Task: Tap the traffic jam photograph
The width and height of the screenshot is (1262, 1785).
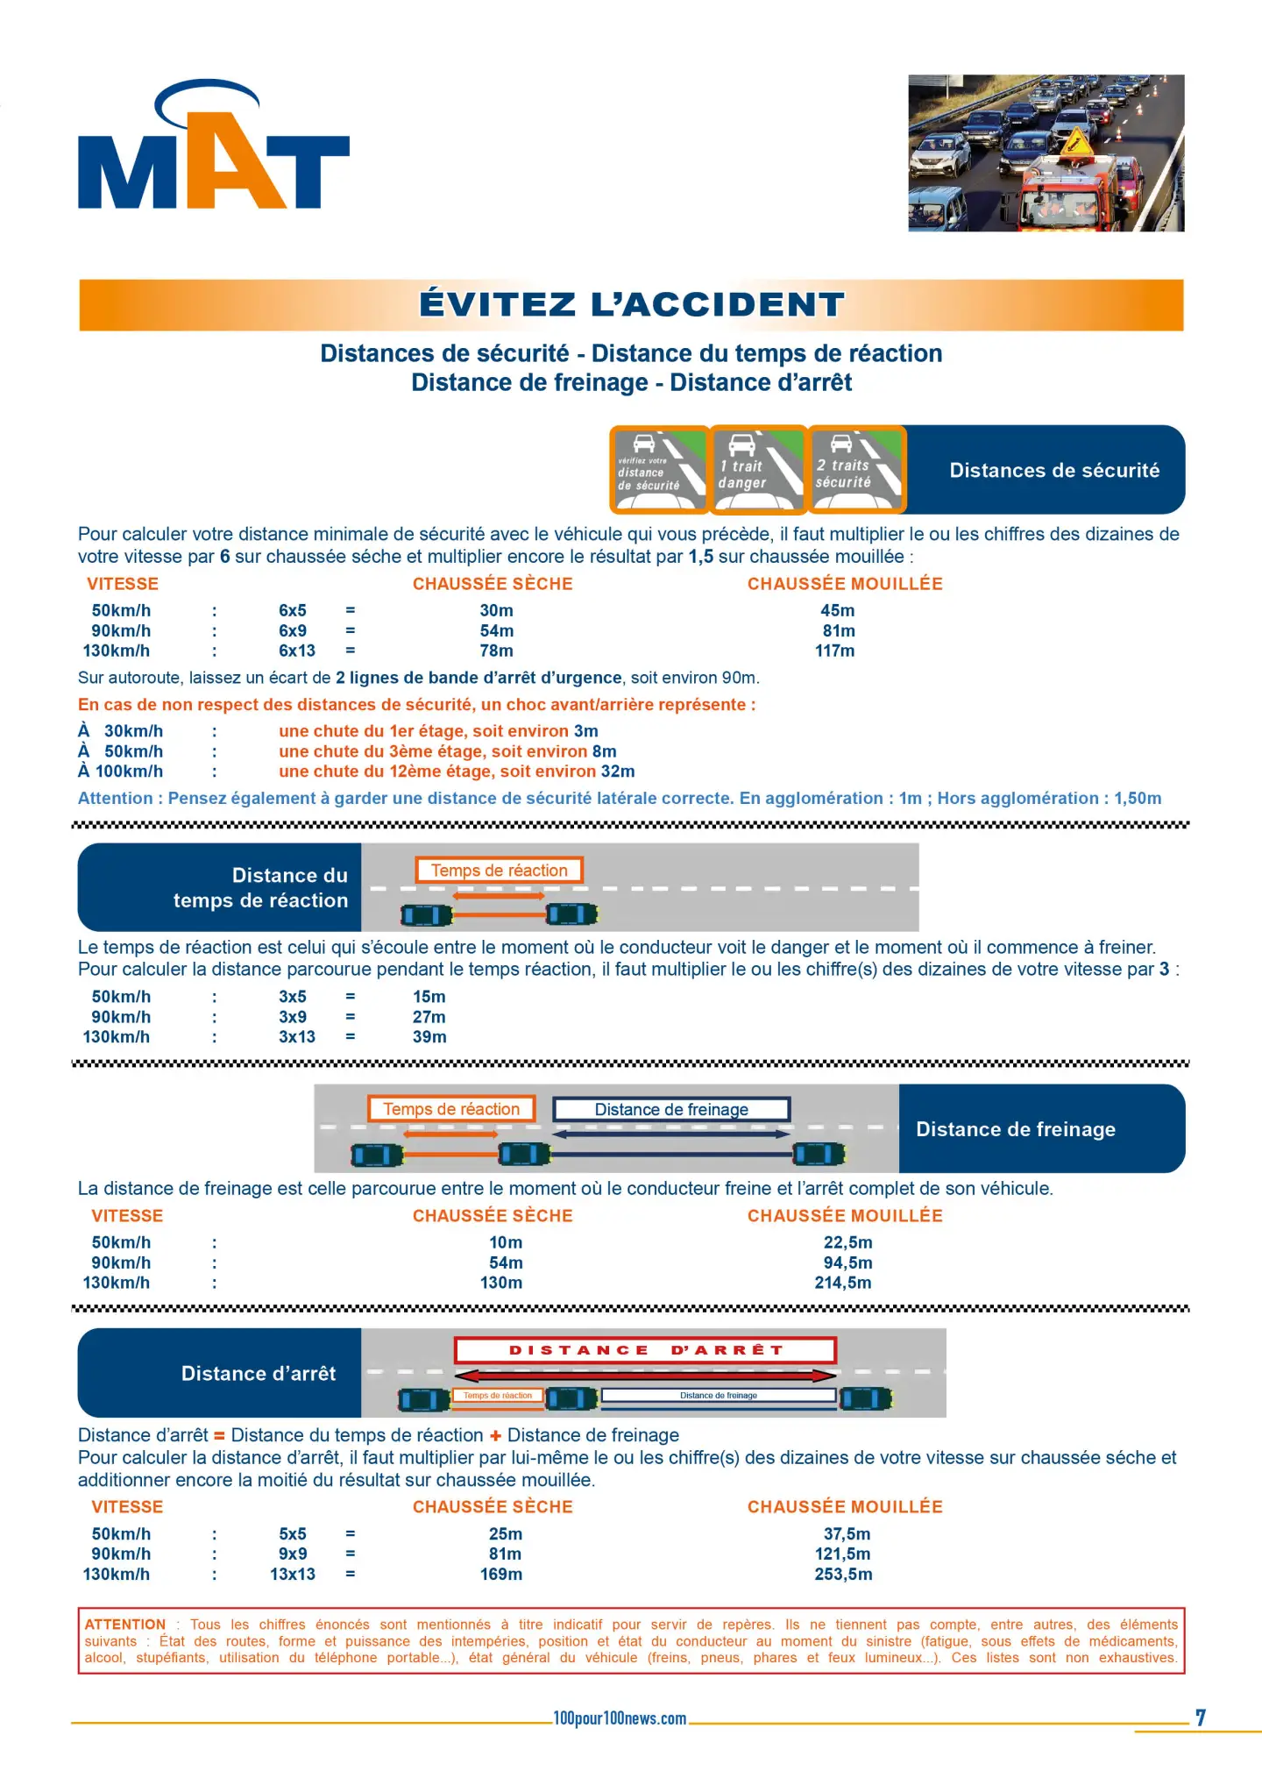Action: pos(1046,153)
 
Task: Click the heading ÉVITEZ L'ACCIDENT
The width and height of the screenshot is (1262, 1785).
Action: pos(631,304)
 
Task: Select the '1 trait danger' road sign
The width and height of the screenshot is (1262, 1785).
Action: pos(758,470)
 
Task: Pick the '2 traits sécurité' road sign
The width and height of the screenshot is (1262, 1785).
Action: pos(856,470)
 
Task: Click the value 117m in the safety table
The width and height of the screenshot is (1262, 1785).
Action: pos(834,651)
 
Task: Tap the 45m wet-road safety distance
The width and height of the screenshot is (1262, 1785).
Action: pos(837,610)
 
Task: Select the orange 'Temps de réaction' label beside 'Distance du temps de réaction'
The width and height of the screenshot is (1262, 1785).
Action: pos(499,871)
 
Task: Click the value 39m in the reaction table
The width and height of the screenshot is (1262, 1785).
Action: pos(429,1036)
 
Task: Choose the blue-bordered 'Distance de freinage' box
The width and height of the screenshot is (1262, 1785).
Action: pos(671,1109)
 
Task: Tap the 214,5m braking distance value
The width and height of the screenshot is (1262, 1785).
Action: pos(843,1283)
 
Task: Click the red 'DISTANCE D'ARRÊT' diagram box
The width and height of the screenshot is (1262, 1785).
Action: pos(645,1350)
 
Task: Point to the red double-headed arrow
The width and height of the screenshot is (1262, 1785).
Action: pos(645,1376)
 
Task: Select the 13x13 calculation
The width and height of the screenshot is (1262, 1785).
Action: pos(293,1574)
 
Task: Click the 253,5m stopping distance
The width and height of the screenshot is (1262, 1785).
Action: pos(843,1574)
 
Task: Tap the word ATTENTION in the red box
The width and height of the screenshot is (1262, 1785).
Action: pos(125,1625)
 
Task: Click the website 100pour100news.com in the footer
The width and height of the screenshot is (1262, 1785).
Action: pos(620,1718)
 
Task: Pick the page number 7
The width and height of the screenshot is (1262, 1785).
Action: pos(1201,1717)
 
